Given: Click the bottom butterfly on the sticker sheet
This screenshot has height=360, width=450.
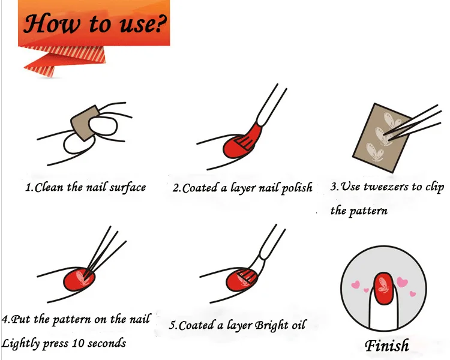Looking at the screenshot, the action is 374,152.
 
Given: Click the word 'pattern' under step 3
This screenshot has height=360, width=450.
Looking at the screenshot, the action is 368,211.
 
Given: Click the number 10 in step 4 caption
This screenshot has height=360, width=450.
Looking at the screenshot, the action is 78,343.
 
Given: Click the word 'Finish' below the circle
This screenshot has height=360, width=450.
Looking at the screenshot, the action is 387,345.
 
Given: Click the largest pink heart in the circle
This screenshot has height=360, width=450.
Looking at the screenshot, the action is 402,282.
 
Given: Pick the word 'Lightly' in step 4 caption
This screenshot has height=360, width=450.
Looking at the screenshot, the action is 20,343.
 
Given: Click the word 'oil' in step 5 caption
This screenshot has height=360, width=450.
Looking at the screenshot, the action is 298,325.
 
